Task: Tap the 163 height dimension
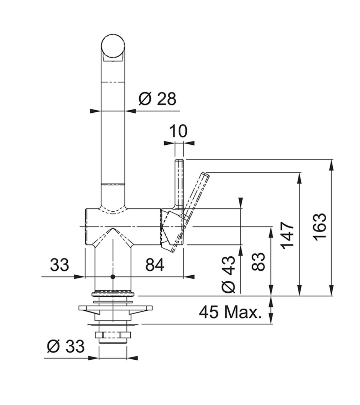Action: tap(320, 227)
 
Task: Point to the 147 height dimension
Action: tap(288, 235)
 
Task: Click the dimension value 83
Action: tap(258, 261)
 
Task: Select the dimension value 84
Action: tap(155, 265)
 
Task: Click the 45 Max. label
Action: tap(230, 312)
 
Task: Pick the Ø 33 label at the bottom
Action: tap(66, 346)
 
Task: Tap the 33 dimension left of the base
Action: tap(59, 265)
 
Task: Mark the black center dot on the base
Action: tap(112, 277)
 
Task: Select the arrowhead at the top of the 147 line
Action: tap(300, 178)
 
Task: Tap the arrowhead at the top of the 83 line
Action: tap(271, 232)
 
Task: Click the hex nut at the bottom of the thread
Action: tap(113, 335)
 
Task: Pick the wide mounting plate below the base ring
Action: tap(115, 308)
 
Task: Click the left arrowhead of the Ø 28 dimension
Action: tap(95, 111)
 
